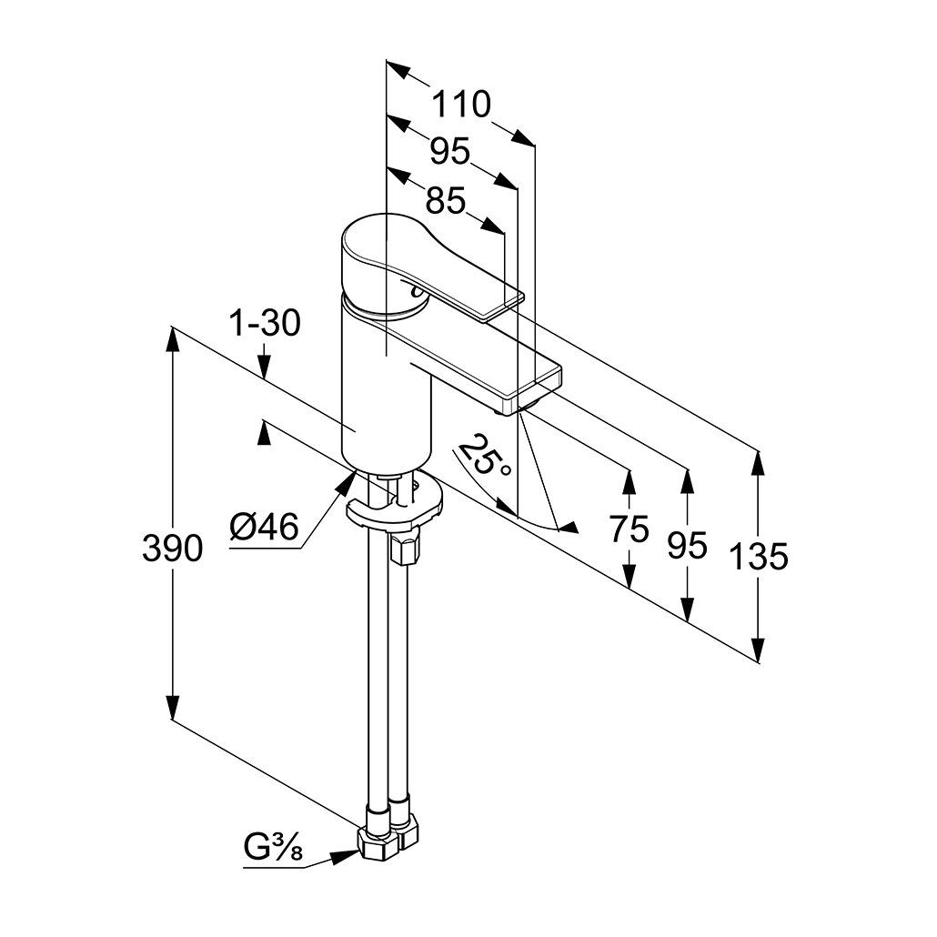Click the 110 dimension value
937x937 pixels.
point(460,105)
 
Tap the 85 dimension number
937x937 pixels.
point(445,200)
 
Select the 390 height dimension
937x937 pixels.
point(173,548)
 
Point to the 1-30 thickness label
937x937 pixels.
point(263,323)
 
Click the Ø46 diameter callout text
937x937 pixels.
point(264,528)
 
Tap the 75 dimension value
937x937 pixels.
point(630,528)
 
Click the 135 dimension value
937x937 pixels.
point(759,556)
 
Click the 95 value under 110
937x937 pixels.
point(449,152)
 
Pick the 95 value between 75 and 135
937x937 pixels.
point(687,545)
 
